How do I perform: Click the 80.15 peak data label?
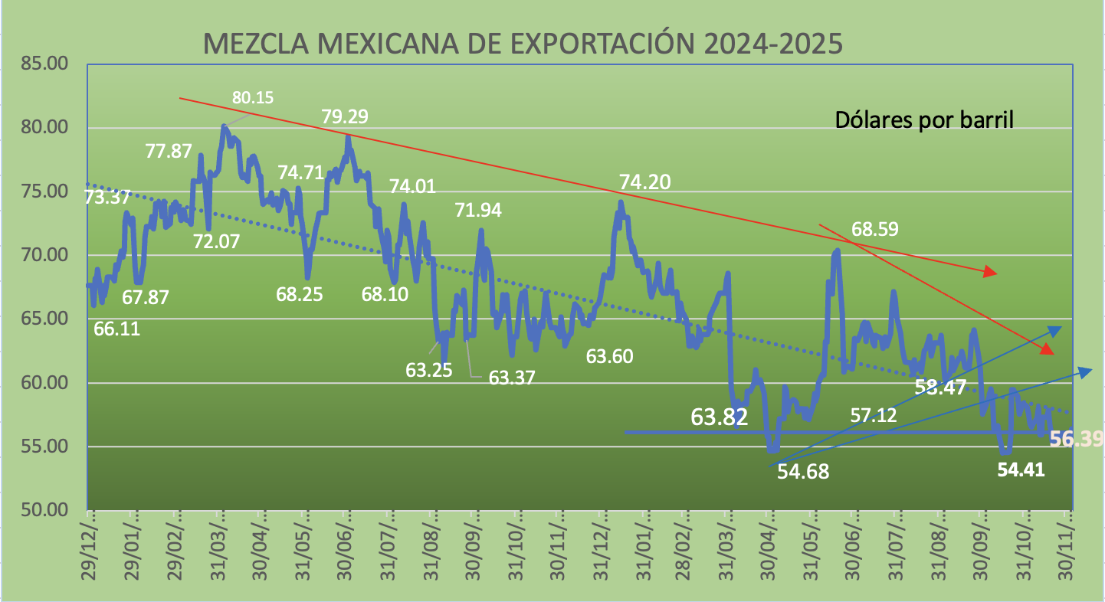point(254,97)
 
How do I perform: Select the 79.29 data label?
point(345,117)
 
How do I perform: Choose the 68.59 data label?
point(875,229)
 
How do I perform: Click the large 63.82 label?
point(720,417)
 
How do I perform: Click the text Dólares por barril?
point(925,120)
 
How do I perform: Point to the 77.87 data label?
point(169,151)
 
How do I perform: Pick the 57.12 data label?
point(874,415)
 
